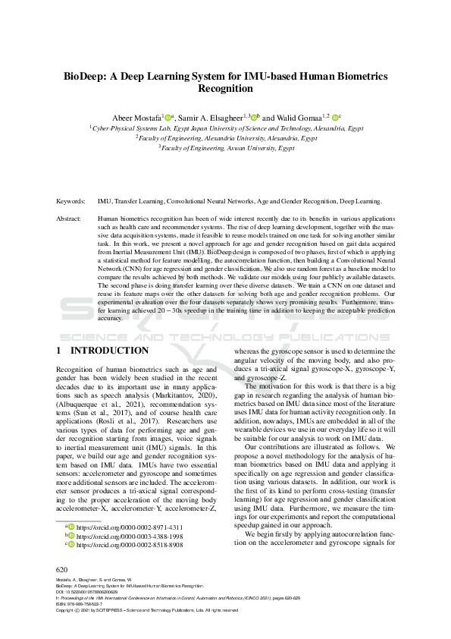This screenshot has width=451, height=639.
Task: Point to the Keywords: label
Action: pyautogui.click(x=72, y=202)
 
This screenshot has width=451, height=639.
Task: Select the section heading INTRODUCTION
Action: pyautogui.click(x=110, y=351)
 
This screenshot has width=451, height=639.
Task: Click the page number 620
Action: pyautogui.click(x=63, y=568)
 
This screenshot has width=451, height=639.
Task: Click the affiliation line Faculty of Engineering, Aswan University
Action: pyautogui.click(x=226, y=149)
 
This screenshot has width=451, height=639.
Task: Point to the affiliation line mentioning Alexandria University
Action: pyautogui.click(x=226, y=139)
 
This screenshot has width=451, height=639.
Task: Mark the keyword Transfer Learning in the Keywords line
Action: pyautogui.click(x=136, y=202)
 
